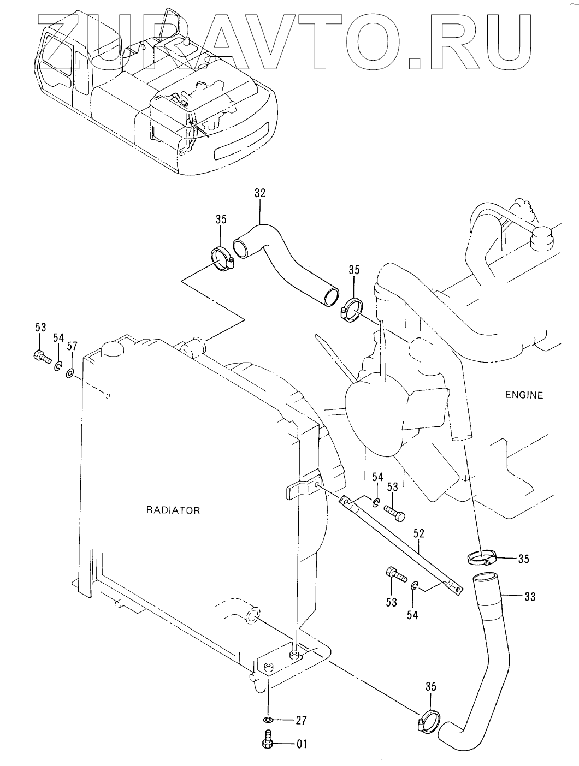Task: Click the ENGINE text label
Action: tap(523, 395)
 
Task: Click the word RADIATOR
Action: tap(173, 510)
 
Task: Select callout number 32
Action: tap(260, 193)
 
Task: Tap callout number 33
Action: tap(529, 597)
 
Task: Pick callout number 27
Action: tap(301, 720)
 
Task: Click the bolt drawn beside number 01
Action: tap(268, 743)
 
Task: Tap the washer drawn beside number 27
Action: tap(268, 721)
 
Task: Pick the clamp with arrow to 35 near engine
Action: tap(482, 558)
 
